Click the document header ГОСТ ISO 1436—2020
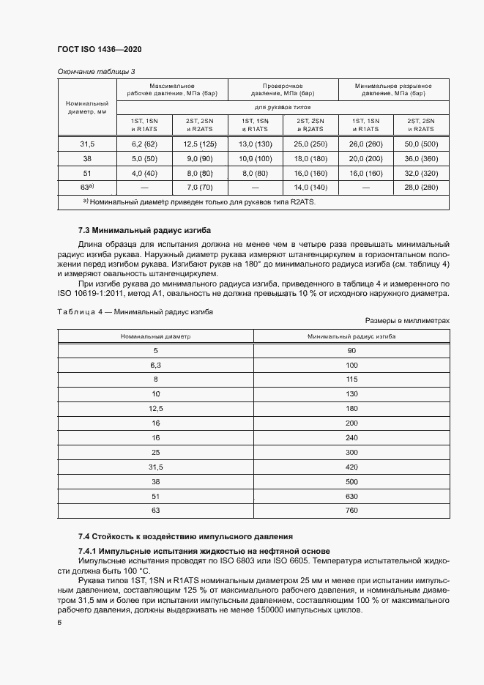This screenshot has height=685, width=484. pos(99,49)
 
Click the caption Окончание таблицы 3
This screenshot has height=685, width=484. pos(96,71)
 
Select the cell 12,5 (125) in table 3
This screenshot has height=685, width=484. pos(199,144)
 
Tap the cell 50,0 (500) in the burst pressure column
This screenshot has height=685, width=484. pos(420,144)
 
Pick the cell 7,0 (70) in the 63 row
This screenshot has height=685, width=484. pos(199,188)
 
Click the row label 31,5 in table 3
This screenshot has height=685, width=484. pos(86,144)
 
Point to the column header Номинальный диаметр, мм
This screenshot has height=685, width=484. pos(86,108)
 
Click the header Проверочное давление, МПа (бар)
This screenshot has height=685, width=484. pos(283,89)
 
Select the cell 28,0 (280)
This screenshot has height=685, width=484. pos(420,188)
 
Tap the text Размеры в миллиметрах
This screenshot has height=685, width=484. pos(406,300)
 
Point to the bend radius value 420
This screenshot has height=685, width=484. pos(351,467)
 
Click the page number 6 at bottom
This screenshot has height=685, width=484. pos(59,622)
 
